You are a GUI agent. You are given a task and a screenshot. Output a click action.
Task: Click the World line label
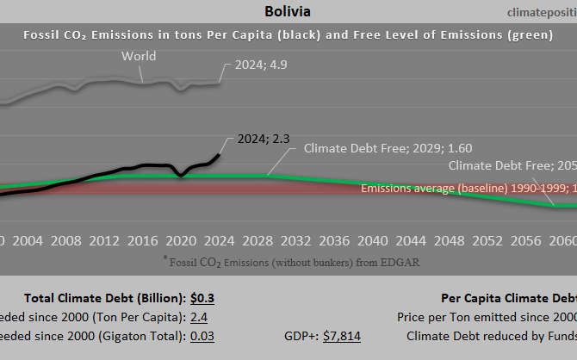coord(138,56)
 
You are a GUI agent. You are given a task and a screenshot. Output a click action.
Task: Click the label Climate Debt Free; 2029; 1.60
coord(388,148)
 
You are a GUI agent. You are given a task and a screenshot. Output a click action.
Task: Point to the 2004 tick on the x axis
coord(29,239)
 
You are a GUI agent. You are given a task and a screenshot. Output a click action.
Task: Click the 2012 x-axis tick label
coord(104,239)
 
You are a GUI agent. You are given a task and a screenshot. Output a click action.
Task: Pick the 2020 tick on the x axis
coord(180,239)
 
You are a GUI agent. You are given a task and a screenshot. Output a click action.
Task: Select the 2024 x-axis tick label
coord(218,239)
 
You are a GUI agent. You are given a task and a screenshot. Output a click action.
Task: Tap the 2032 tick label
coord(295,239)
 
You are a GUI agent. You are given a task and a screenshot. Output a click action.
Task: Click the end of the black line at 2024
coord(219,154)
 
